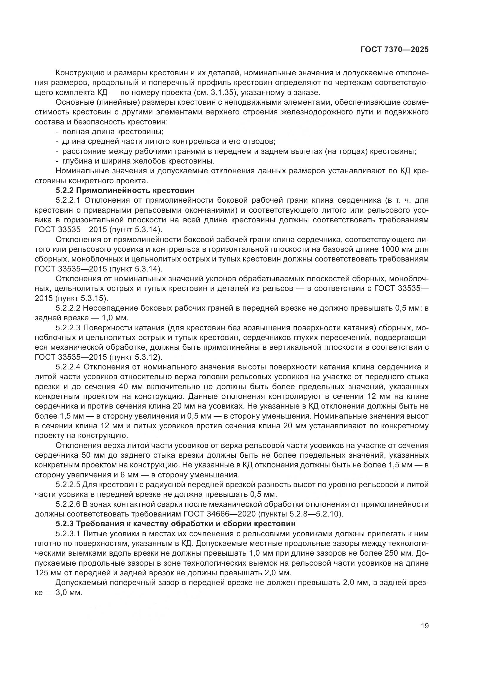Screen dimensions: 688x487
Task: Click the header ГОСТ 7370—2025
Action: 394,49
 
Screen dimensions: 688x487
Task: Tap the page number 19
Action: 425,626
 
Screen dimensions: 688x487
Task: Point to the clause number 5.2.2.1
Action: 68,200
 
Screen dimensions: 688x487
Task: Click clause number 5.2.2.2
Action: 68,308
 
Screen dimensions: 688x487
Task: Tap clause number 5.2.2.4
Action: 68,367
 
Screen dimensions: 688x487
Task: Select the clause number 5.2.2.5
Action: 68,484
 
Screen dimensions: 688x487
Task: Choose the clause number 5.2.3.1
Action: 68,533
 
